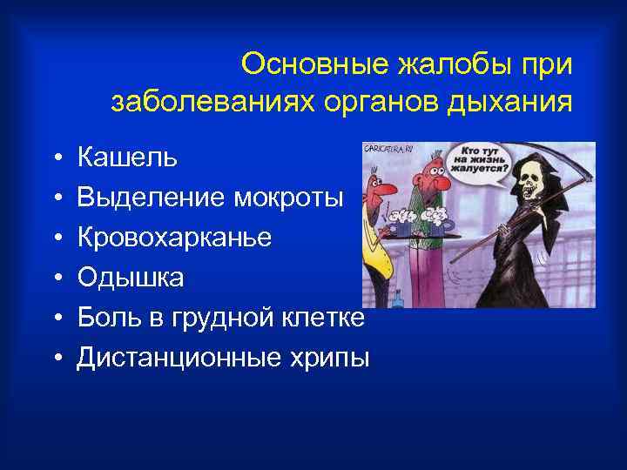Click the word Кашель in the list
(x=127, y=158)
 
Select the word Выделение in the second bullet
(x=151, y=198)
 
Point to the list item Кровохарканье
(x=174, y=238)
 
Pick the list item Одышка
(x=131, y=278)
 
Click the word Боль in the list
(x=106, y=317)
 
